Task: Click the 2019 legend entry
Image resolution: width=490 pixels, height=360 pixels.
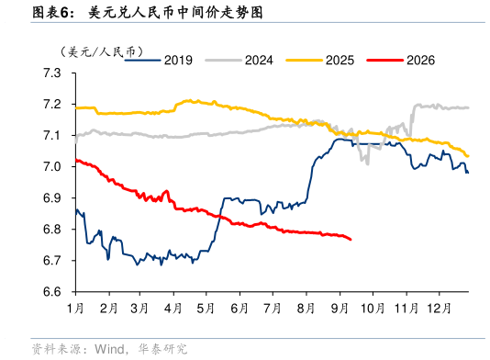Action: point(159,60)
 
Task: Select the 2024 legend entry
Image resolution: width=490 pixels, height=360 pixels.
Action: point(239,60)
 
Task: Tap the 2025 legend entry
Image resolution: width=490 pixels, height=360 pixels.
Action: point(320,60)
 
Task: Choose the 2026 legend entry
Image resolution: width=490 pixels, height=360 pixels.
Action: point(401,60)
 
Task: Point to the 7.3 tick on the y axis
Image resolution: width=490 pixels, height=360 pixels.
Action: point(52,73)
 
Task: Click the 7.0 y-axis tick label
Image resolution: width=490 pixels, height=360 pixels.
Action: point(52,167)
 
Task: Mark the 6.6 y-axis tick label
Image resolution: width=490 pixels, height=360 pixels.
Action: point(52,292)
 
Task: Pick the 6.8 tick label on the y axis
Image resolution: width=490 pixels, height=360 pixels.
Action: point(52,230)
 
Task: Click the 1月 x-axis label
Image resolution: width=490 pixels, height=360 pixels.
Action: point(75,309)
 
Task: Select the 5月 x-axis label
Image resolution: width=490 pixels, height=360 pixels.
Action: point(206,309)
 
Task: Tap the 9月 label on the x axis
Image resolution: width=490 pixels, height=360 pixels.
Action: point(340,309)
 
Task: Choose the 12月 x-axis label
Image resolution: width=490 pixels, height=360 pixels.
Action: point(439,309)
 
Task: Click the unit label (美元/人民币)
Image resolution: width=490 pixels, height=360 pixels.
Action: point(102,51)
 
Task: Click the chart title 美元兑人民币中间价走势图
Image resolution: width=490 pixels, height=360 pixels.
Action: point(175,13)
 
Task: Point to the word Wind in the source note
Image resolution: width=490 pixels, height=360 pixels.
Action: point(109,349)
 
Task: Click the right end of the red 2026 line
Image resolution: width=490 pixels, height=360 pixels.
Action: point(351,240)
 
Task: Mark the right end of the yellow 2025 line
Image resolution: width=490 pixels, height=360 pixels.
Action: point(468,156)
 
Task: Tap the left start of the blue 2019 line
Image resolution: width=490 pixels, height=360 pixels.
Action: point(76,211)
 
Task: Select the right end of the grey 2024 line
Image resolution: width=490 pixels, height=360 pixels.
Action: point(468,107)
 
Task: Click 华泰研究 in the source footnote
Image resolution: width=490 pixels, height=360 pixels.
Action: point(162,349)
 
